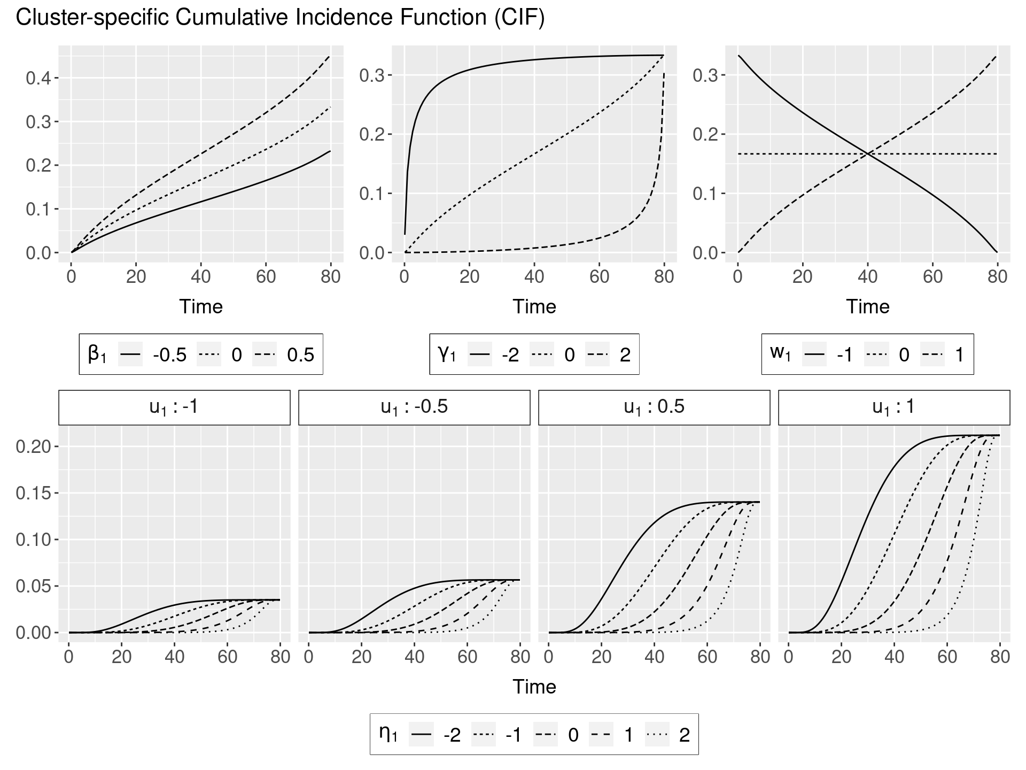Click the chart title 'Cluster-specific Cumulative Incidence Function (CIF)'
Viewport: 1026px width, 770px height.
[280, 18]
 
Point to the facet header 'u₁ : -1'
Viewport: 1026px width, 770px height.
[174, 407]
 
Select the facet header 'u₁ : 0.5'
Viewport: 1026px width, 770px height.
[654, 407]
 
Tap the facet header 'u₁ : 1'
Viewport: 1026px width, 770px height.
[893, 407]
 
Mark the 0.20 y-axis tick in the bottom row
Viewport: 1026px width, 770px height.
[33, 446]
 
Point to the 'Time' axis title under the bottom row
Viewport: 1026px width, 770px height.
[534, 687]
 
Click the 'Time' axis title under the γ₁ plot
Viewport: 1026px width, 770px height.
[534, 306]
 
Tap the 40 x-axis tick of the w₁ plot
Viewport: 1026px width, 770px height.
[867, 276]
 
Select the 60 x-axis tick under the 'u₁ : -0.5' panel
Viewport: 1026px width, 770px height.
[467, 657]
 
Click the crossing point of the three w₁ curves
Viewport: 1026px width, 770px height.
[867, 154]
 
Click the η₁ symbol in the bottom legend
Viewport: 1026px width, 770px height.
[388, 734]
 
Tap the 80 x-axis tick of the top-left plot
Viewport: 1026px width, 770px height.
[331, 276]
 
